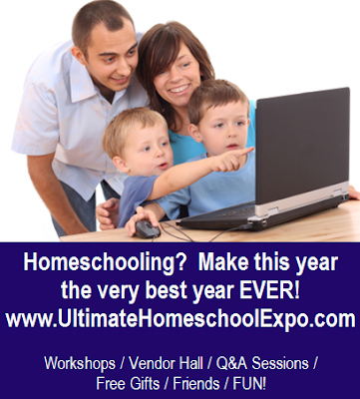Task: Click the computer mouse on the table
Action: tap(148, 228)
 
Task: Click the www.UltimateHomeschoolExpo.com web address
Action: tap(180, 319)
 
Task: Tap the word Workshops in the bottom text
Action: tap(80, 363)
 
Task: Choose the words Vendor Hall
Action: tap(166, 363)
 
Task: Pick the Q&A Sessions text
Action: tap(262, 363)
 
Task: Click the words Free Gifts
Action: tap(128, 383)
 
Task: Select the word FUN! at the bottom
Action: tap(249, 383)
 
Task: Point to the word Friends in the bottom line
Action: tap(196, 383)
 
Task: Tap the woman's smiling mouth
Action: tap(179, 90)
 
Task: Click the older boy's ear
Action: tap(195, 133)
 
